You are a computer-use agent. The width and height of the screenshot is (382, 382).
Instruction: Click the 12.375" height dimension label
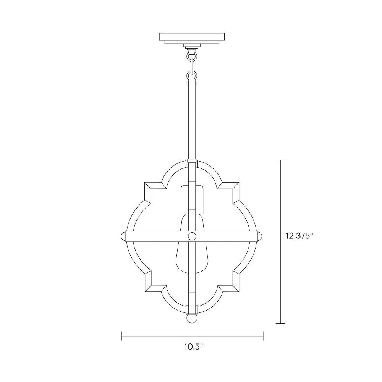click(299, 236)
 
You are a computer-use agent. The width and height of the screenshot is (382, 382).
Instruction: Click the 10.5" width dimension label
click(193, 347)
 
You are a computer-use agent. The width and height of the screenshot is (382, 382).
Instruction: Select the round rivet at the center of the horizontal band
click(192, 236)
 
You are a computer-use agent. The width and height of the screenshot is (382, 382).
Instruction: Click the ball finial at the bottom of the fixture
click(192, 319)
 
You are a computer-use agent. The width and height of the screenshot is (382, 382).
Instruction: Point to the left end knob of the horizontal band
click(123, 236)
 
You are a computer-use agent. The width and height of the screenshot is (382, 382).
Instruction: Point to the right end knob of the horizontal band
click(260, 236)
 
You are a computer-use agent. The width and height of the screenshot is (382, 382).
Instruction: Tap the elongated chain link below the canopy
click(192, 66)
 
